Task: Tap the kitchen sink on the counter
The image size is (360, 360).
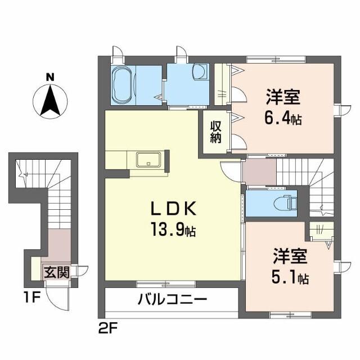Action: (149, 160)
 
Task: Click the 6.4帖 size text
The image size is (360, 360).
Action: (283, 119)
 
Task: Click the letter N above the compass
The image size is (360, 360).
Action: (49, 77)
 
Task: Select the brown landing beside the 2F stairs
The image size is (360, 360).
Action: (259, 172)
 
